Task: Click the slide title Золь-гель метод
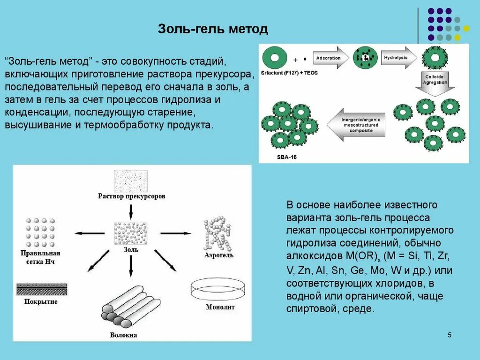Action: tap(213, 29)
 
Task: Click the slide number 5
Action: tap(450, 335)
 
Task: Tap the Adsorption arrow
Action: tap(330, 58)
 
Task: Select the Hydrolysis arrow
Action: tap(397, 58)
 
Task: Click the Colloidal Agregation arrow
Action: tap(436, 82)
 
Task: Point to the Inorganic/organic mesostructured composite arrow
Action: tap(359, 125)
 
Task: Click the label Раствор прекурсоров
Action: tap(131, 196)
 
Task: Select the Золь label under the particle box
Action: tap(131, 250)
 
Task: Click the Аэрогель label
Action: tap(219, 255)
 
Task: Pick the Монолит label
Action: tap(220, 307)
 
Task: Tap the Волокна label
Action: tap(124, 335)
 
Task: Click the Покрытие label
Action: tap(41, 302)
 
